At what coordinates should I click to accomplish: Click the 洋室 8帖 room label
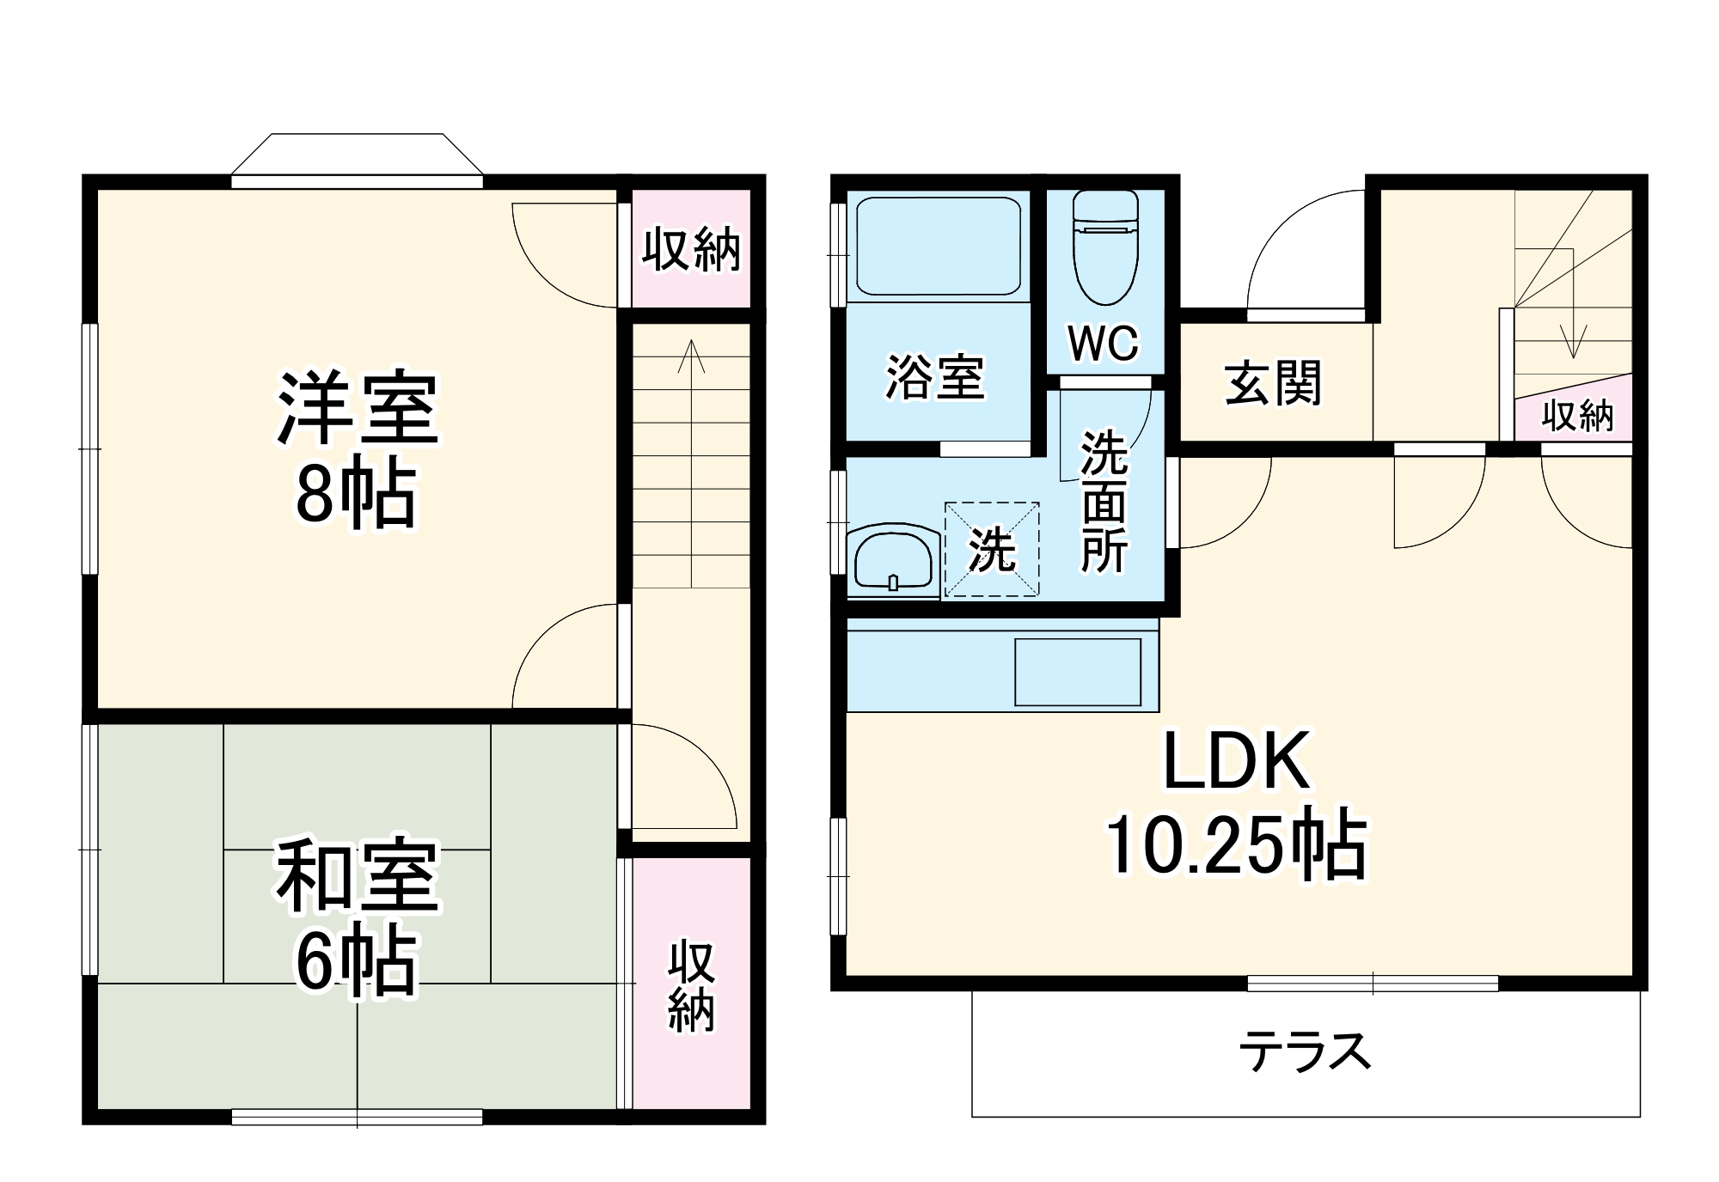pyautogui.click(x=357, y=451)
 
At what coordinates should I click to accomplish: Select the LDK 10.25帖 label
pyautogui.click(x=1236, y=803)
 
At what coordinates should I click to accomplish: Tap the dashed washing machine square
pyautogui.click(x=992, y=550)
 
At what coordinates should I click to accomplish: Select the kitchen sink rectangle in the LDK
pyautogui.click(x=1078, y=672)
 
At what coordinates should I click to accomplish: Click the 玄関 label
pyautogui.click(x=1273, y=383)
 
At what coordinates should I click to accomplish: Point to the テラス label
pyautogui.click(x=1304, y=1051)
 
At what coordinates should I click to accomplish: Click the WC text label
pyautogui.click(x=1104, y=344)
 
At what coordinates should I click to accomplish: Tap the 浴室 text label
pyautogui.click(x=934, y=377)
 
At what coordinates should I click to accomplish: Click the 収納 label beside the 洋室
pyautogui.click(x=691, y=249)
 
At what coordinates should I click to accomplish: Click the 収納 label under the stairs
pyautogui.click(x=1577, y=416)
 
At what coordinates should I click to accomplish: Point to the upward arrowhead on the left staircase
pyautogui.click(x=691, y=352)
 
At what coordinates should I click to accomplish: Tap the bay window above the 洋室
pyautogui.click(x=357, y=159)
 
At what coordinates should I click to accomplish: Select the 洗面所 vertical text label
pyautogui.click(x=1104, y=502)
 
